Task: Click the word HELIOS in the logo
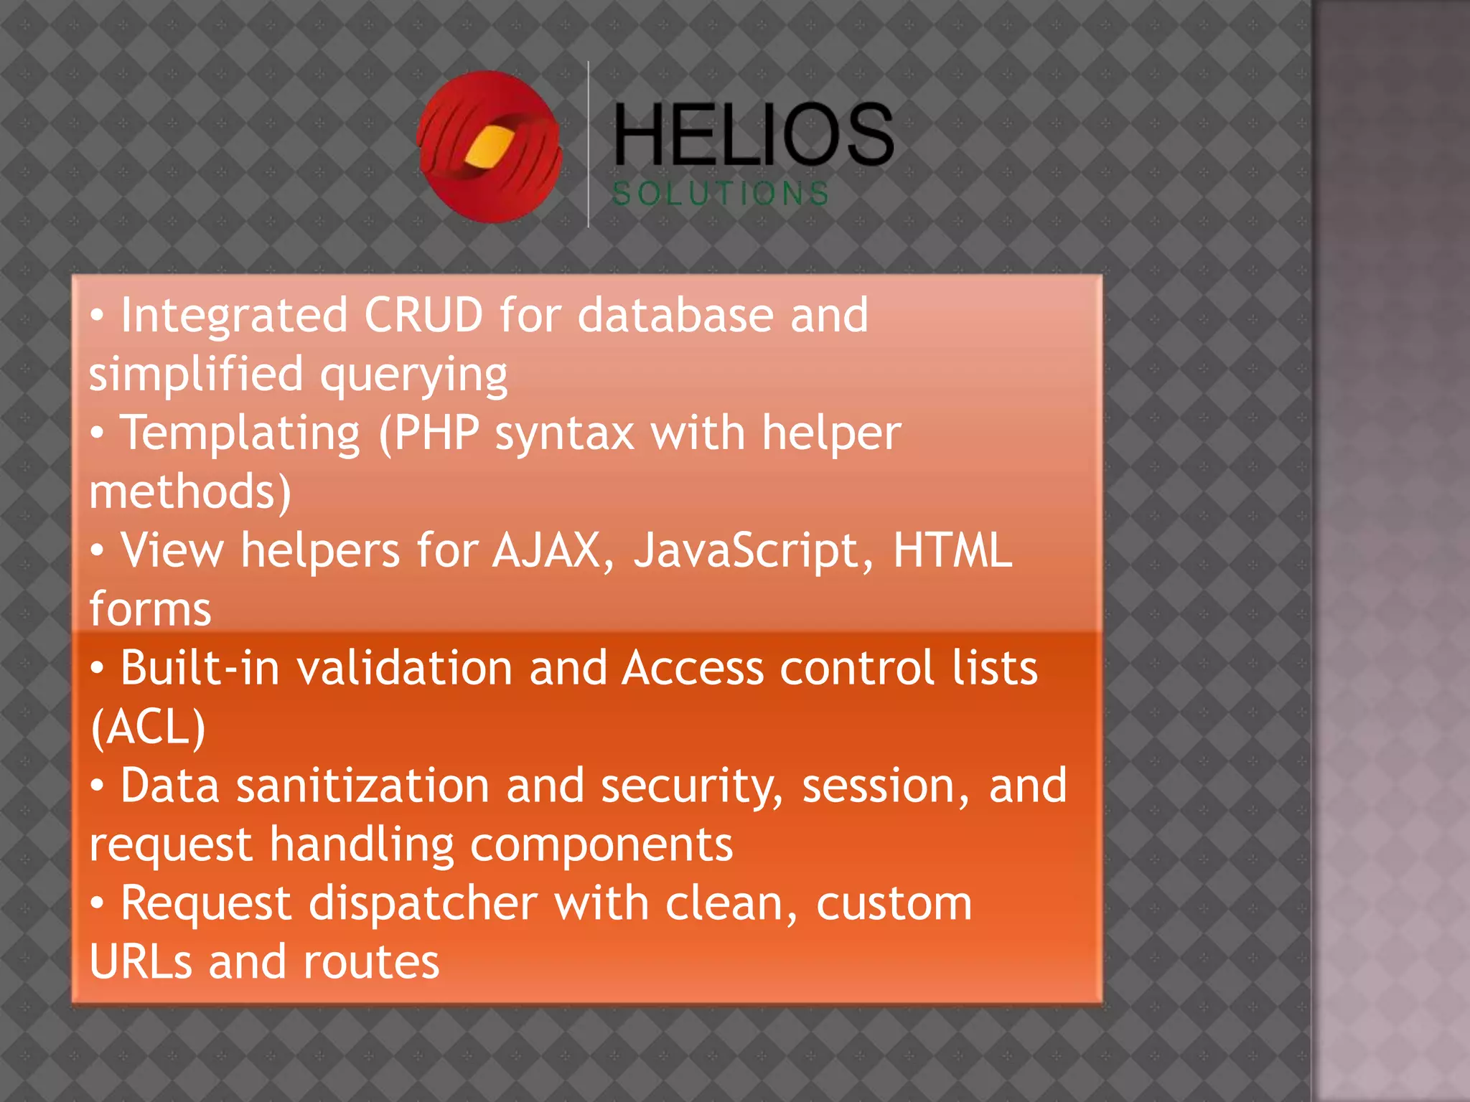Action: coord(754,134)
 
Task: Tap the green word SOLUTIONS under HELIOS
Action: coord(721,194)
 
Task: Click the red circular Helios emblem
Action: coord(490,147)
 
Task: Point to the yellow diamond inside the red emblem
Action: coord(489,146)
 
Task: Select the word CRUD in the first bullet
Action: coord(423,315)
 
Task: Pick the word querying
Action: coord(414,375)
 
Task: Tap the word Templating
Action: coord(240,433)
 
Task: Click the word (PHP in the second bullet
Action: coord(429,433)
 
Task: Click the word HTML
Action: coord(952,551)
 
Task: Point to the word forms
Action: coord(150,610)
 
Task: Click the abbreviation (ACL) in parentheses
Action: coord(149,727)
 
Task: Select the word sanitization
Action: coord(362,786)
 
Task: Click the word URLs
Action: coord(141,962)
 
